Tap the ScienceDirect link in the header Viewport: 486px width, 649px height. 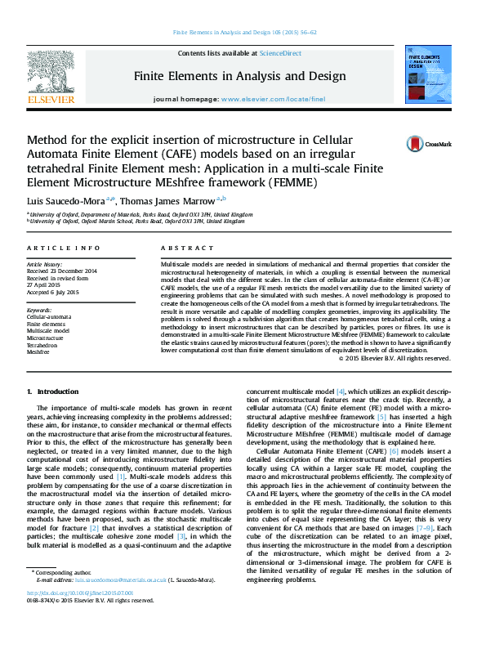point(280,53)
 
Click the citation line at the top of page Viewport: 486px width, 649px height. point(242,33)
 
